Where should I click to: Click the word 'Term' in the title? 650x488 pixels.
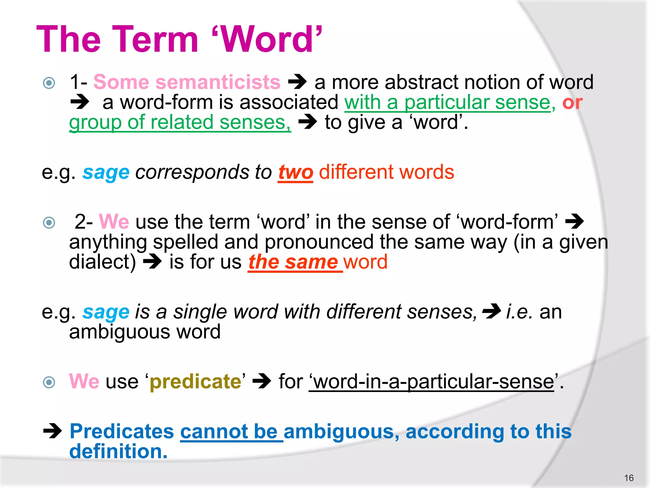coord(155,40)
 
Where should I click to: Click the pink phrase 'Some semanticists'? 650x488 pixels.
coord(187,82)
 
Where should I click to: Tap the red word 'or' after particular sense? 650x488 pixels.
coord(572,103)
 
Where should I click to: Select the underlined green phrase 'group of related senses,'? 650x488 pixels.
coord(180,123)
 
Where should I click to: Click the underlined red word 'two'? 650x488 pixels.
coord(295,173)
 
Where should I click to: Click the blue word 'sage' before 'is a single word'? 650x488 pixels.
coord(106,313)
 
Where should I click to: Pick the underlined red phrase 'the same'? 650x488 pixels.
coord(293,262)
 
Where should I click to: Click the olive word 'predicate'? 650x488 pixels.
coord(196,382)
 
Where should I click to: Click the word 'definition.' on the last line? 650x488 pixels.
coord(118,451)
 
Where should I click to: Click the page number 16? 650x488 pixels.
coord(628,478)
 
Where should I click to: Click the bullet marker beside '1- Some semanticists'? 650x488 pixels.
coord(49,83)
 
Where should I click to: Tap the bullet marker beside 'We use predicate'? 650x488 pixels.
coord(49,382)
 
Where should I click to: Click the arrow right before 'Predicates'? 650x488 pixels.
coord(53,431)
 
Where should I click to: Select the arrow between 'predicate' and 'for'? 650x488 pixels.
coord(262,381)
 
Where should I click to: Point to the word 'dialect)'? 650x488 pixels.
coord(102,262)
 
